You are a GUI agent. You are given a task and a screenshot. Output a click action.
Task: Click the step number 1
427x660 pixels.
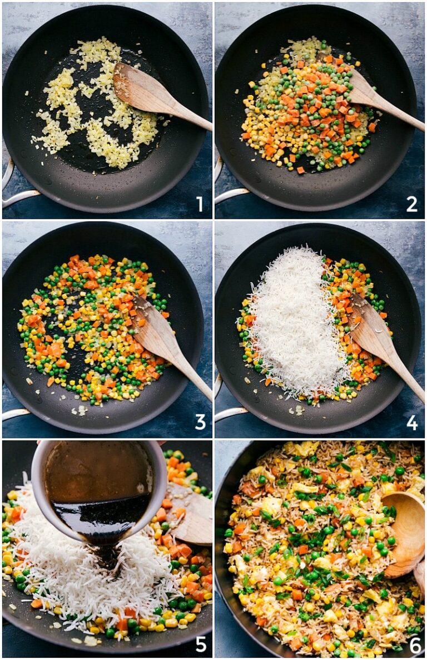tap(199, 204)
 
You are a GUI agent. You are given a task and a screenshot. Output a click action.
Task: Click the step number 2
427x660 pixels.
tap(411, 204)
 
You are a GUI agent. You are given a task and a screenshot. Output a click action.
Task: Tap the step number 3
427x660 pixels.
tap(200, 422)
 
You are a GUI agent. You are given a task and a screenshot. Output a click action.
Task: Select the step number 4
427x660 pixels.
tap(412, 422)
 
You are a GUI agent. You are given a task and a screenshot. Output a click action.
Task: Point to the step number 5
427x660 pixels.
tap(200, 643)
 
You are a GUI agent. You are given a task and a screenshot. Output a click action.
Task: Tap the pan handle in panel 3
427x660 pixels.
tap(14, 413)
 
